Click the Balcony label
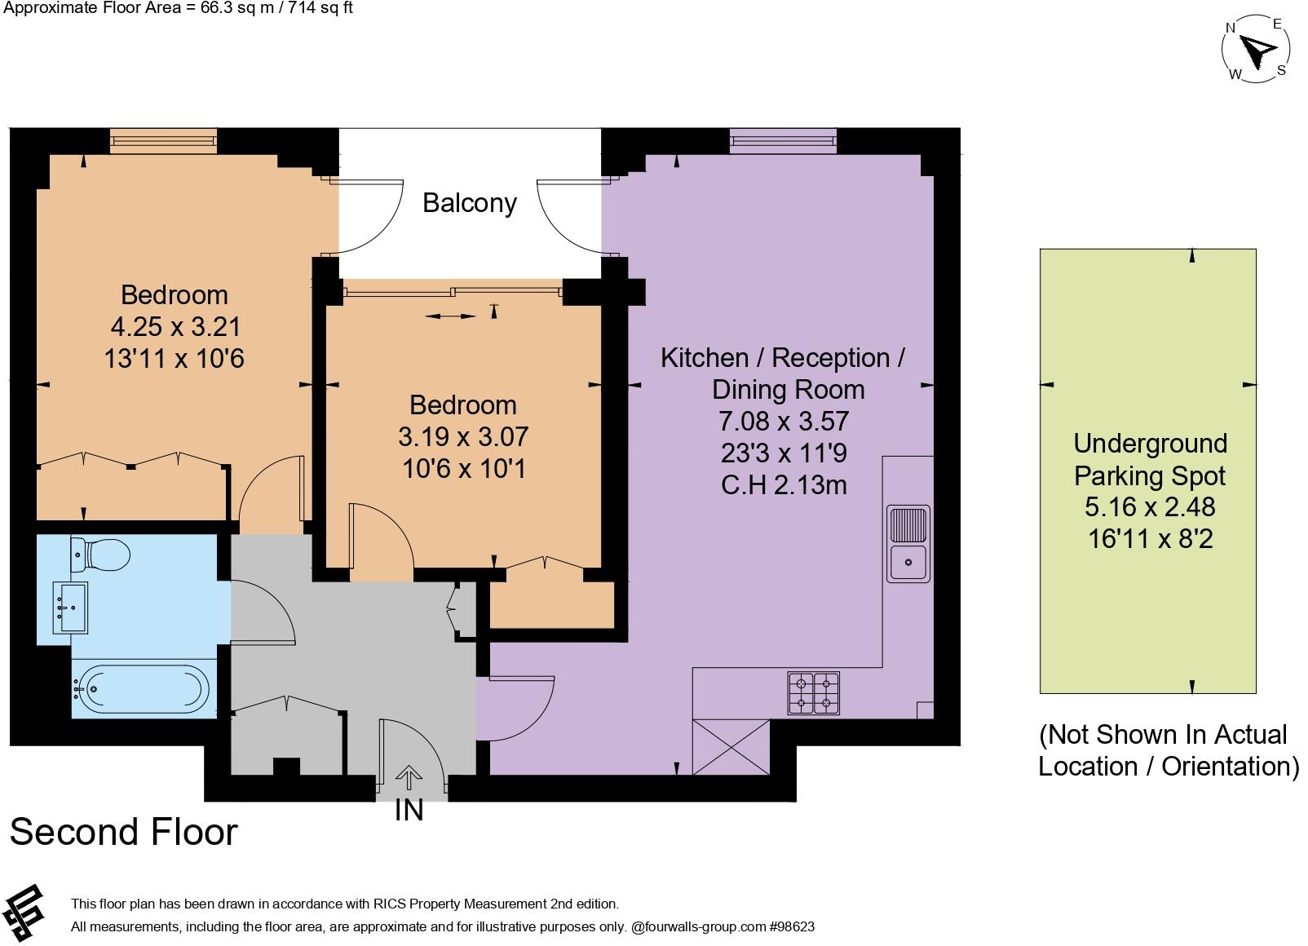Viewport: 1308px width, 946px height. point(469,203)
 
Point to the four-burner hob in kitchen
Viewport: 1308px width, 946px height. point(813,692)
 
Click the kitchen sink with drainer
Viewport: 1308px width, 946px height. point(908,543)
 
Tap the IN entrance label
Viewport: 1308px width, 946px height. point(409,810)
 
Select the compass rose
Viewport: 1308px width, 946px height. point(1256,51)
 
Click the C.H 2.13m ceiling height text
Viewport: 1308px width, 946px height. point(784,485)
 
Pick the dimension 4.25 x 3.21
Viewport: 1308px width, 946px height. point(175,327)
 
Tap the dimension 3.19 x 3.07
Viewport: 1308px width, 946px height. point(463,437)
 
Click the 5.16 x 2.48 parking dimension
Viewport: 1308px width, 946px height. point(1149,507)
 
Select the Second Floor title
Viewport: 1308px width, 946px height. point(123,832)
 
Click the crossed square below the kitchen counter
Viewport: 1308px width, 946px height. point(730,746)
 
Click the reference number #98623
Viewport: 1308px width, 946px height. point(791,926)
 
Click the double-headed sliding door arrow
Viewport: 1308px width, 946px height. point(450,316)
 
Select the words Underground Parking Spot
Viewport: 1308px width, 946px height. point(1150,459)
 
